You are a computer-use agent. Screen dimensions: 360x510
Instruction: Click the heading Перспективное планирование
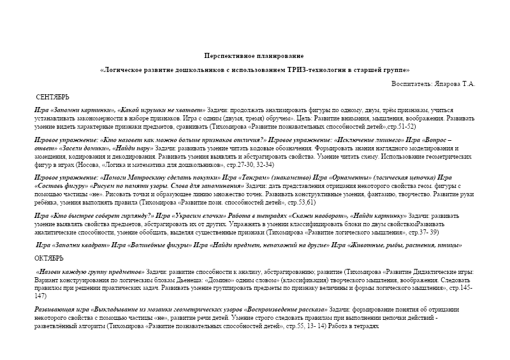pos(254,57)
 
